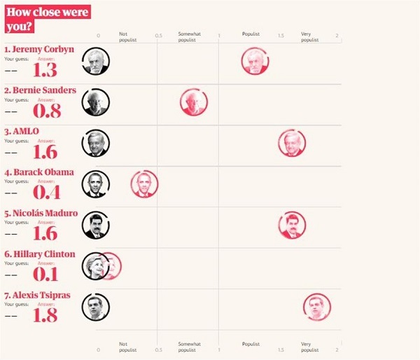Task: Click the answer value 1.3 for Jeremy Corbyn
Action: [45, 71]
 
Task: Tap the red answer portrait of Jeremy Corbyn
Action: [255, 61]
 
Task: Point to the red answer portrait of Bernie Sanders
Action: [193, 102]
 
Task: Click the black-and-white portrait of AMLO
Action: [95, 144]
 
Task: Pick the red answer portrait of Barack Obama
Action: [145, 184]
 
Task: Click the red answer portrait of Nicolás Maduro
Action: [292, 225]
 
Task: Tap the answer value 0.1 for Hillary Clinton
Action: [45, 274]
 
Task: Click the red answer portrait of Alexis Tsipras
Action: [317, 307]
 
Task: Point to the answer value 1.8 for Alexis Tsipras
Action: [45, 314]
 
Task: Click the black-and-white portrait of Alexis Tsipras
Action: [95, 307]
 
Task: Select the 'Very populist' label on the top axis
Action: [309, 36]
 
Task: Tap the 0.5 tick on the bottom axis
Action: [158, 349]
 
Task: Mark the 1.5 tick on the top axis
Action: [280, 35]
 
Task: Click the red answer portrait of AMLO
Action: [292, 144]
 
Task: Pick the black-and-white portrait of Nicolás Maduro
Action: [95, 225]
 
